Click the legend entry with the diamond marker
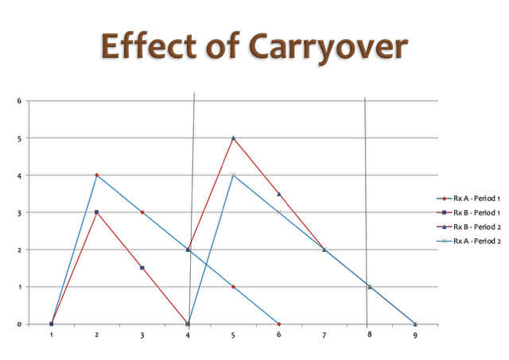[444, 198]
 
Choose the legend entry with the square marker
[444, 212]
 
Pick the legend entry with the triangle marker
[444, 226]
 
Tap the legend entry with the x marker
[444, 241]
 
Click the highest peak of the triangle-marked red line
[233, 137]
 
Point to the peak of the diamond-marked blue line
[97, 175]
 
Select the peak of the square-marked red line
[97, 212]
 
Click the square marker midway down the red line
[142, 268]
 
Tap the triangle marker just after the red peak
[278, 194]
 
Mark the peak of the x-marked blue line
[233, 175]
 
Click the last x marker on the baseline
[415, 323]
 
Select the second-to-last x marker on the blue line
[370, 286]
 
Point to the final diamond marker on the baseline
[278, 323]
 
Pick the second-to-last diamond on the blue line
[233, 286]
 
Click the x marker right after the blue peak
[278, 212]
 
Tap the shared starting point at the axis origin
[52, 323]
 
